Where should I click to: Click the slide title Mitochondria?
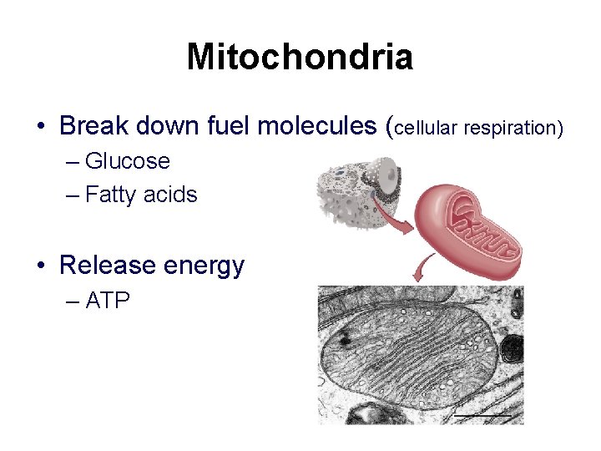(300, 57)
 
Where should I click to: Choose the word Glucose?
(127, 160)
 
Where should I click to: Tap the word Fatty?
(112, 195)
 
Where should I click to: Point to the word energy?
(205, 266)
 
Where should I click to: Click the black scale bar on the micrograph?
(482, 413)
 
